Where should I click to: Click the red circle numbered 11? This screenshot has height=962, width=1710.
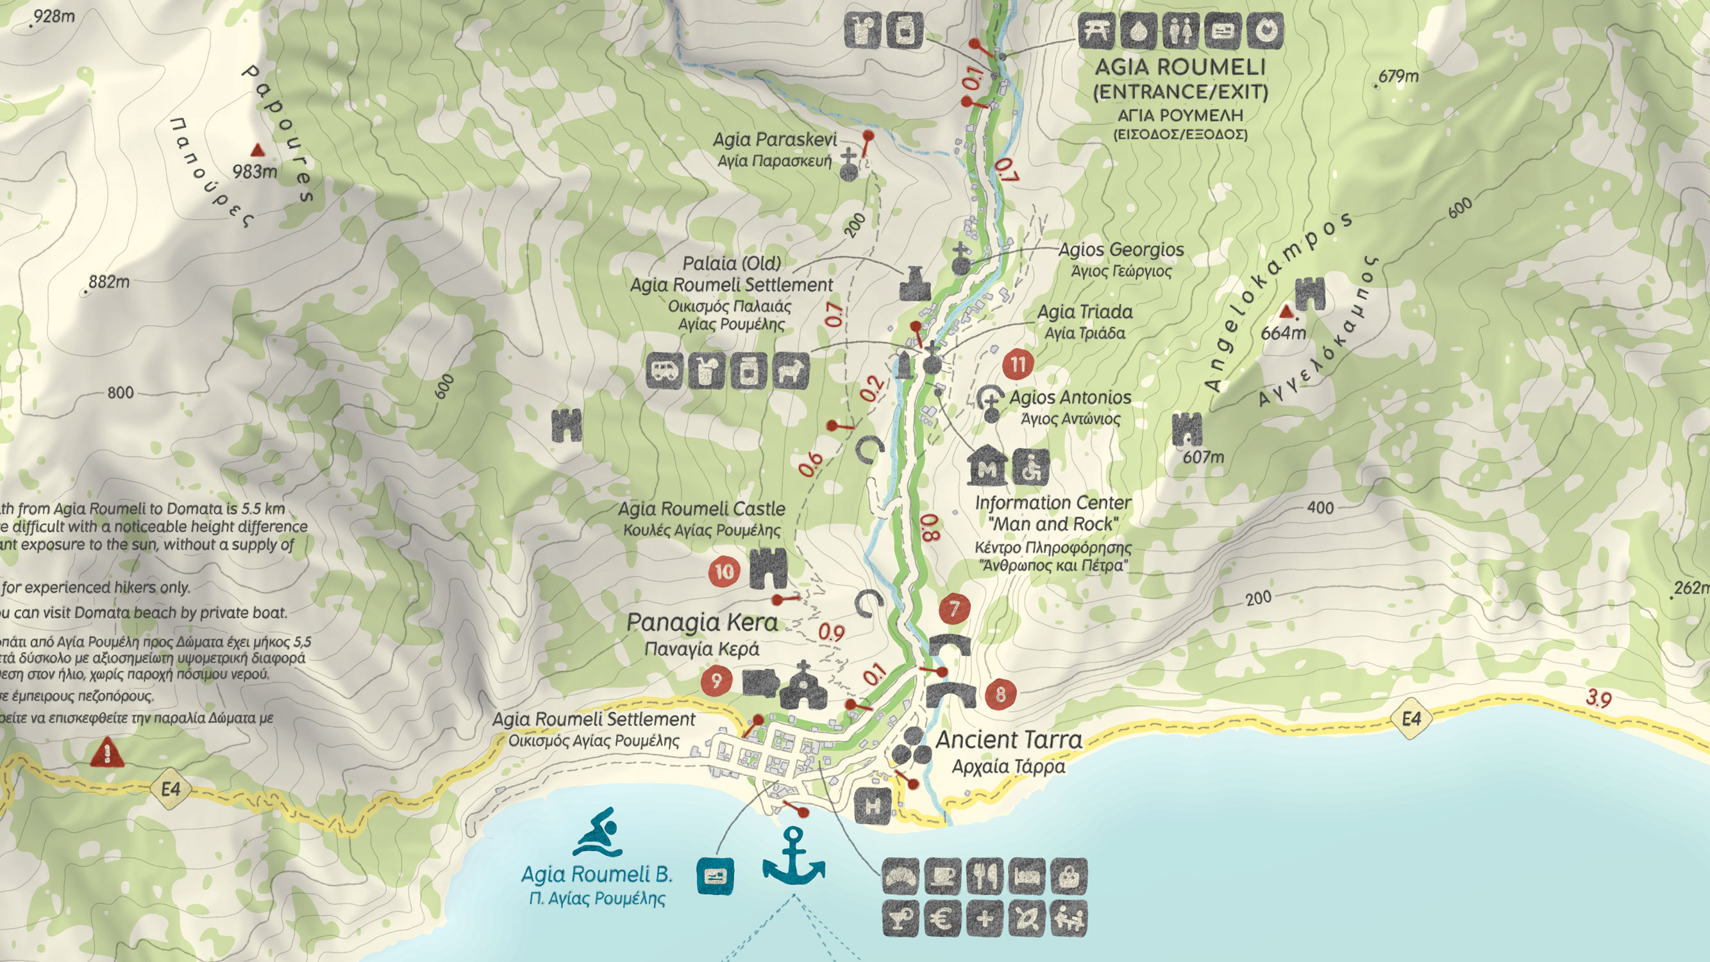tap(1018, 364)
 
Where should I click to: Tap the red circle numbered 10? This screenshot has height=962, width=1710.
tap(725, 571)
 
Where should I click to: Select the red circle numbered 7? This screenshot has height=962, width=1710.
tap(955, 608)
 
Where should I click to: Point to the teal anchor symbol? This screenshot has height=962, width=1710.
tap(793, 856)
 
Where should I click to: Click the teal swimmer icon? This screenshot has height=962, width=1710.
tap(597, 832)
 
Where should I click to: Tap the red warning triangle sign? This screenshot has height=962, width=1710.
tap(106, 754)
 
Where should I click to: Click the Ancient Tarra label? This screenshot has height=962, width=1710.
tap(1009, 739)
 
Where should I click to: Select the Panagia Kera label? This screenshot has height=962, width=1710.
tap(701, 623)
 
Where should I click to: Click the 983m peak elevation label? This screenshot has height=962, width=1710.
tap(255, 172)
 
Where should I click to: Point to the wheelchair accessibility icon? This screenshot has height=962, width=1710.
tap(1032, 468)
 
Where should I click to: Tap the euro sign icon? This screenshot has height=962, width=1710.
tap(943, 919)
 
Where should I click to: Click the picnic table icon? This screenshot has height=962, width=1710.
tap(1096, 31)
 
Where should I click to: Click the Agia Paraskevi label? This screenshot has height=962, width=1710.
tap(774, 139)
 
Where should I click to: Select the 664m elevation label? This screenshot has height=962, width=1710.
tap(1282, 333)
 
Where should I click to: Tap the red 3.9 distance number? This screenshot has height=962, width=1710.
tap(1598, 698)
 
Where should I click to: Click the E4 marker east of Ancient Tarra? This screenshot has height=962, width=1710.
tap(1411, 719)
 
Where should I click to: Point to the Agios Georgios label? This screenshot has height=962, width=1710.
tap(1121, 250)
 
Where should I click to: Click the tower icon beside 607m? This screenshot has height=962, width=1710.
tap(1187, 429)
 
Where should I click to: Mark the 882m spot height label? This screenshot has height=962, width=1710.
tap(109, 282)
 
